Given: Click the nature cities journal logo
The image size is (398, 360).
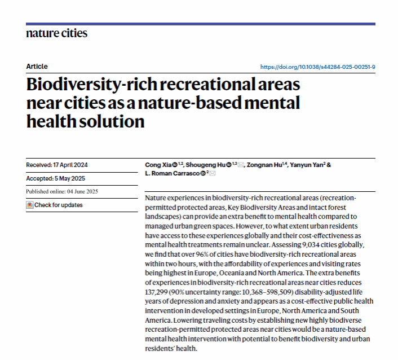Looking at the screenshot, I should click(x=56, y=33).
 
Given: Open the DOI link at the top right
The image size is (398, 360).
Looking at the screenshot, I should click(x=317, y=67).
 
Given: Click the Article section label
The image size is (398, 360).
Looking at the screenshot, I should click(x=37, y=67).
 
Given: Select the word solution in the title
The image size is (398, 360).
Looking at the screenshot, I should click(x=111, y=121).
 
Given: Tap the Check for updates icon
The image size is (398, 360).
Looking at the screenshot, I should click(x=30, y=205).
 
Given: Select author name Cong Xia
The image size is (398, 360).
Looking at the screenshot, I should click(x=158, y=165).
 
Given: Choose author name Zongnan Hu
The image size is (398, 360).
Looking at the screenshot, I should click(x=268, y=165).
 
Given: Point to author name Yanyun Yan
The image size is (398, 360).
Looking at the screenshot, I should click(x=309, y=165).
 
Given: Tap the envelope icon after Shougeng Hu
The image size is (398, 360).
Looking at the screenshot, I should click(x=241, y=165).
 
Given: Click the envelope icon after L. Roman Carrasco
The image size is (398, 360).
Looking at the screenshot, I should click(x=213, y=173).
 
